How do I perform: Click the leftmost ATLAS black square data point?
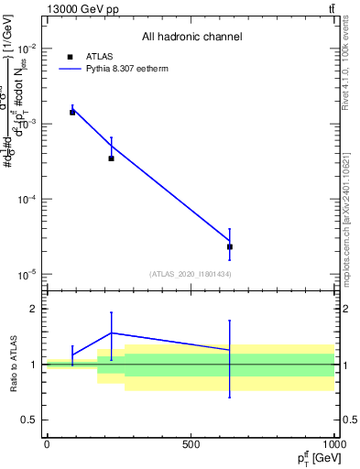(72, 112)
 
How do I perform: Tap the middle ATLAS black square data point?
(112, 158)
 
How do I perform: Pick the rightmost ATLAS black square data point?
(230, 246)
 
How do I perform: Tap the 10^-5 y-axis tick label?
(26, 274)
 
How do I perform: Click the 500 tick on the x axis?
(191, 444)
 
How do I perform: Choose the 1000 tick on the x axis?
(333, 444)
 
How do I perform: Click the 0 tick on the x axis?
(47, 444)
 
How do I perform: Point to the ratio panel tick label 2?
(33, 309)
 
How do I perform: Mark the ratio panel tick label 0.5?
(29, 420)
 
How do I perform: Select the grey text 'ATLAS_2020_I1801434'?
(191, 274)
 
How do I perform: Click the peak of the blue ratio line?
(112, 333)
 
